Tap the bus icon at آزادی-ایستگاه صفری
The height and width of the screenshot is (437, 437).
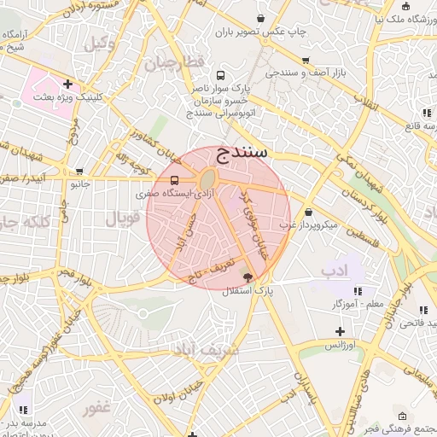point(175,181)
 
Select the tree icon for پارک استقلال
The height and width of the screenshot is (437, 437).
point(248,277)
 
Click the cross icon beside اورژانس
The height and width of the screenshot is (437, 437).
point(340,331)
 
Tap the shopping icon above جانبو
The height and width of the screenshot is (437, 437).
point(79,171)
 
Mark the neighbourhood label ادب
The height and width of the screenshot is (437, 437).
point(335,271)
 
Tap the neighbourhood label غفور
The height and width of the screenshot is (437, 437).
point(97,408)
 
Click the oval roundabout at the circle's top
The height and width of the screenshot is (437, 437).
point(207,179)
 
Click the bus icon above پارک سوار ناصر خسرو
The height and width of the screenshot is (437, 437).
point(222,75)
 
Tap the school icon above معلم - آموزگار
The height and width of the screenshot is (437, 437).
point(358,290)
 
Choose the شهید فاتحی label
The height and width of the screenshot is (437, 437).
point(411,323)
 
